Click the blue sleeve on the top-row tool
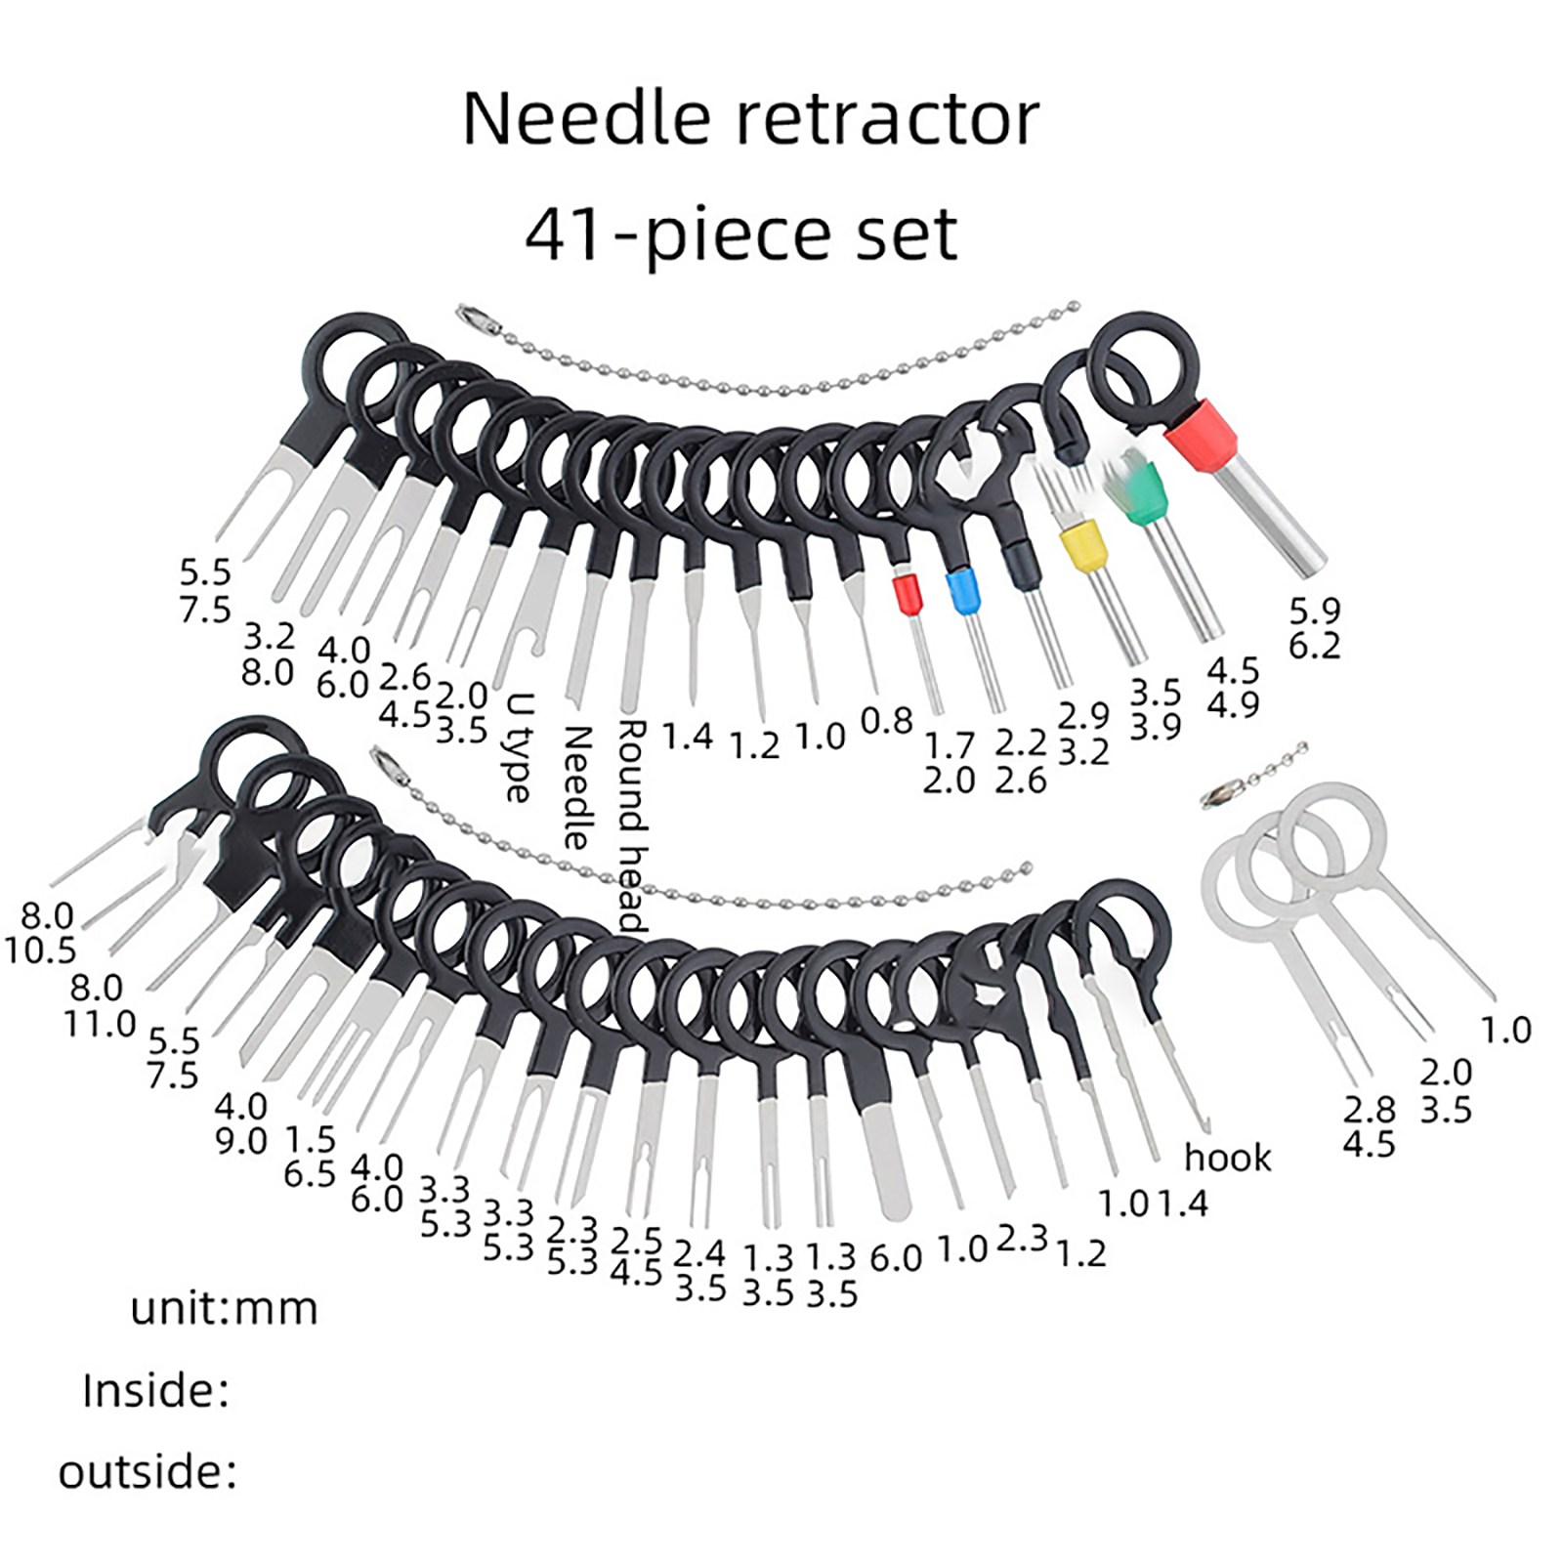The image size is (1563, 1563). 963,592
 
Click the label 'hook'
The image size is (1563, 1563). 1228,1158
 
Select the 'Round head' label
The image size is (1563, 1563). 632,826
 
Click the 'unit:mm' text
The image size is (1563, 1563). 225,1309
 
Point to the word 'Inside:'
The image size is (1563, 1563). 156,1390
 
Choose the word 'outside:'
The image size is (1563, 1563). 148,1472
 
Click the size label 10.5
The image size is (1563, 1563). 40,950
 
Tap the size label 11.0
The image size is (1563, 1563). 100,1024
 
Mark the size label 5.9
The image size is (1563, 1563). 1315,611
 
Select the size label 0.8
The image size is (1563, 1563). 886,721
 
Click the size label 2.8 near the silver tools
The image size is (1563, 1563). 1370,1110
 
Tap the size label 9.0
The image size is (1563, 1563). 240,1141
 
